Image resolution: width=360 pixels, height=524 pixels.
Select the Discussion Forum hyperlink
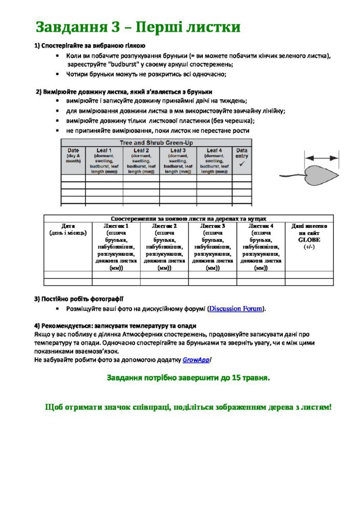click(236, 309)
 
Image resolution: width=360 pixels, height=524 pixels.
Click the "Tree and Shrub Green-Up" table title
click(156, 143)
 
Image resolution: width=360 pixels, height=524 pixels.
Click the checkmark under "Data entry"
click(242, 163)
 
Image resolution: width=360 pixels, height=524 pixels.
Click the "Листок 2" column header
click(164, 226)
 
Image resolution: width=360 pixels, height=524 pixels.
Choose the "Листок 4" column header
click(261, 226)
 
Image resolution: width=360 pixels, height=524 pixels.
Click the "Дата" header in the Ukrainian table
click(68, 226)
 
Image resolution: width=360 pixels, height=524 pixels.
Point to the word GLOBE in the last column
click(309, 239)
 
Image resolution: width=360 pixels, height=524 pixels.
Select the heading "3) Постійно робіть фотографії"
click(79, 299)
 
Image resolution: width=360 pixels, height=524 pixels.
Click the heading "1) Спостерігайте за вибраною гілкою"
click(90, 46)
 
